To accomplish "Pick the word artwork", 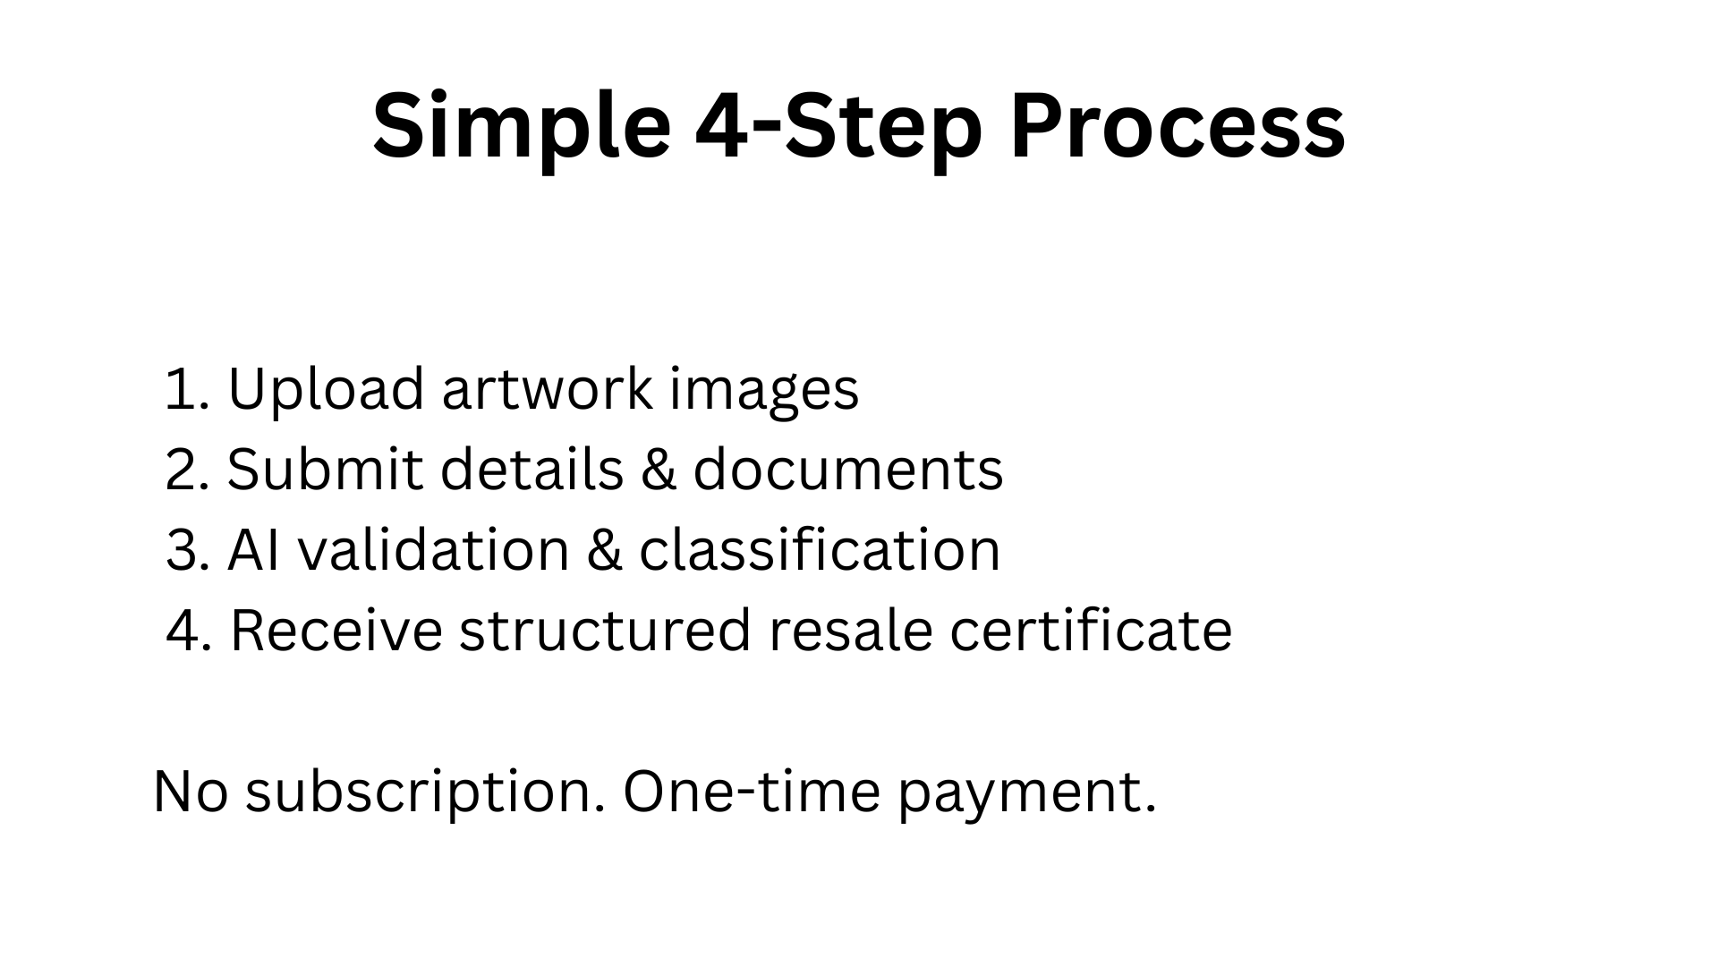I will (547, 389).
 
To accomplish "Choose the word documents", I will (847, 469).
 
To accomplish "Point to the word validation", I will (433, 549).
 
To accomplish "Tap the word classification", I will (820, 549).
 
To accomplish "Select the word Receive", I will (336, 630).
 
